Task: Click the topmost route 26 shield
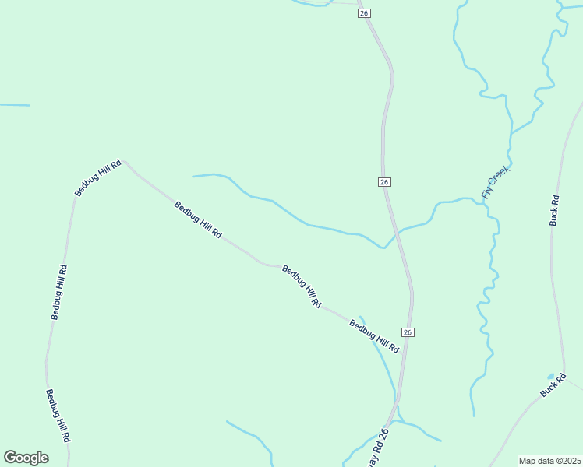[365, 13]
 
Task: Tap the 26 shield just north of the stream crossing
[384, 181]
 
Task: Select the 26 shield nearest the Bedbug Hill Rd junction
[408, 332]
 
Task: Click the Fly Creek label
[496, 182]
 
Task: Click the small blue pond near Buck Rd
[551, 376]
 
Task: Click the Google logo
[26, 458]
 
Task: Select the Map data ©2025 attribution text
[550, 461]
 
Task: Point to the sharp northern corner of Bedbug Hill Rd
[123, 160]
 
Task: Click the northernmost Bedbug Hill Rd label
[98, 177]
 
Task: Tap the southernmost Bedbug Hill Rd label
[58, 416]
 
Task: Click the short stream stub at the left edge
[14, 105]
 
